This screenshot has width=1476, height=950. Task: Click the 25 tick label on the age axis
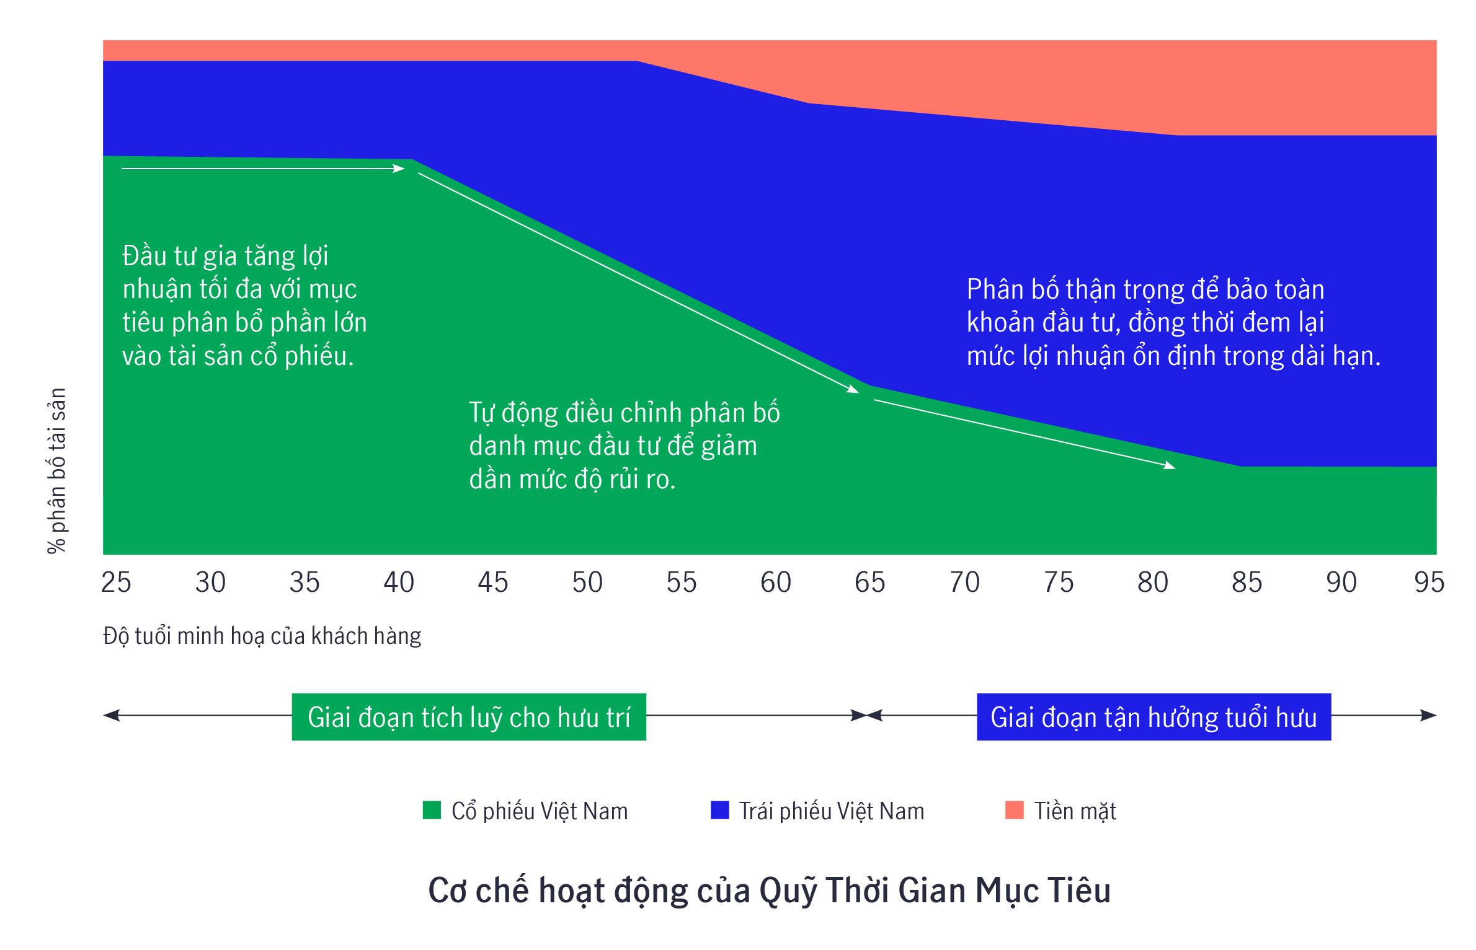(116, 583)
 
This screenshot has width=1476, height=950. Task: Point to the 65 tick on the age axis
(869, 583)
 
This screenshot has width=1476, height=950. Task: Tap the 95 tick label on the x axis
(1429, 583)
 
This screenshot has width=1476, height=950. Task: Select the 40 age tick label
(399, 583)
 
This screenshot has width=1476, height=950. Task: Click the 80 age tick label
(1152, 583)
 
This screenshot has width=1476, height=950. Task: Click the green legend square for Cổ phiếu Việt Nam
(432, 810)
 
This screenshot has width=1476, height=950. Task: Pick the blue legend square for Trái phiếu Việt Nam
(719, 810)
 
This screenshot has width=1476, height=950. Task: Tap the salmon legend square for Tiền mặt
(1014, 810)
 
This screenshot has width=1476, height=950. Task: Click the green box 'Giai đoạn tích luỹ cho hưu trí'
(469, 717)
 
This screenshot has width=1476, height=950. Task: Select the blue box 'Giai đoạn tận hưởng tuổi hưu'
(1154, 717)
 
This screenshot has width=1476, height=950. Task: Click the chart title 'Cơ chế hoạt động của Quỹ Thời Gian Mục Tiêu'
(769, 891)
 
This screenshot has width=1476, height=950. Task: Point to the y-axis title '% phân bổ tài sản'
(56, 471)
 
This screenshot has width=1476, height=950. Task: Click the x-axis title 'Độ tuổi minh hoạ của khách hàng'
(262, 636)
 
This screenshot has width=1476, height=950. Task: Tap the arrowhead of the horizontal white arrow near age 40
(400, 168)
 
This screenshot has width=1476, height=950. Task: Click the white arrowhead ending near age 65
(854, 390)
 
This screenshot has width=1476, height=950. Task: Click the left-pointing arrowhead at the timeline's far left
(109, 716)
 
